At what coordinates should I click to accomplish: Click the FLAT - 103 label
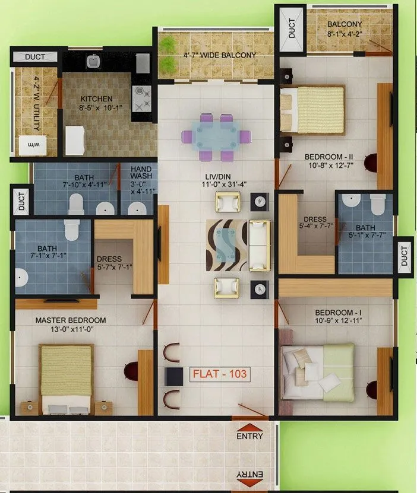coord(219,375)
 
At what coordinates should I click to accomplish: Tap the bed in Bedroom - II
coord(312,109)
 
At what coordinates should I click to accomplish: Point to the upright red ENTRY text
coord(249,436)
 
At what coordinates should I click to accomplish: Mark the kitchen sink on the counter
coord(93,61)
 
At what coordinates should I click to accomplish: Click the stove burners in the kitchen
coord(142,98)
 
